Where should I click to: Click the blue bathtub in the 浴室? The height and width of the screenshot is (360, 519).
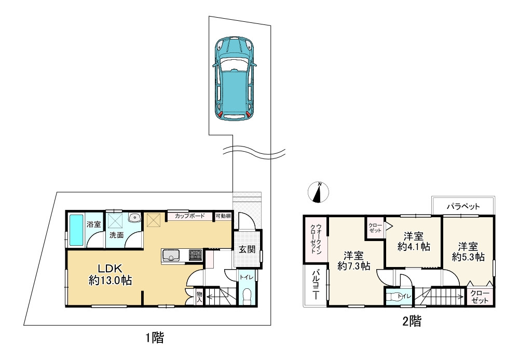click(x=76, y=230)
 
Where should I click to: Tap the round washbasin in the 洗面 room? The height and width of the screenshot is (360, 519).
click(x=135, y=218)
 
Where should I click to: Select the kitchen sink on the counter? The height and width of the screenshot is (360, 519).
click(x=171, y=255)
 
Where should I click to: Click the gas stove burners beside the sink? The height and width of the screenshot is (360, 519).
click(x=195, y=255)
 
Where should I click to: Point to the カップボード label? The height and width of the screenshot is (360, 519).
click(x=189, y=216)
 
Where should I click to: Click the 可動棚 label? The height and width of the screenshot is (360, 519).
click(x=223, y=216)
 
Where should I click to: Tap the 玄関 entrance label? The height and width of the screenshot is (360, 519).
click(x=247, y=249)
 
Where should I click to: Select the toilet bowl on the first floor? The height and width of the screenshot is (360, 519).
click(x=247, y=296)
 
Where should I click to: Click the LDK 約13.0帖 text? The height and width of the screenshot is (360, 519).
click(x=110, y=275)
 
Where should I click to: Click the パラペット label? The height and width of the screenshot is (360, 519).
click(x=463, y=207)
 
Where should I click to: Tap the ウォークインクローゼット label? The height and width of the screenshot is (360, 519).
click(x=316, y=239)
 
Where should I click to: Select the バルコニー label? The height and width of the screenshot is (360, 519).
click(x=316, y=285)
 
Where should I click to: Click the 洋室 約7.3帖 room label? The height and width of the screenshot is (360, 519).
click(x=353, y=261)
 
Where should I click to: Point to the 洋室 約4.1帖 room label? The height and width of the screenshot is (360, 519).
click(x=414, y=242)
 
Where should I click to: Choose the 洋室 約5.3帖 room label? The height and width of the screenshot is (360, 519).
click(x=468, y=252)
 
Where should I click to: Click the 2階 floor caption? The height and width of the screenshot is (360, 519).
click(x=412, y=321)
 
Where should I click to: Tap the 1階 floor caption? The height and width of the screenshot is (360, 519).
click(x=155, y=338)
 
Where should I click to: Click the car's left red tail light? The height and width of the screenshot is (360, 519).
click(x=221, y=115)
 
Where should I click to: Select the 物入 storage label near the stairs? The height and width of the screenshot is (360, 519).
click(x=199, y=297)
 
